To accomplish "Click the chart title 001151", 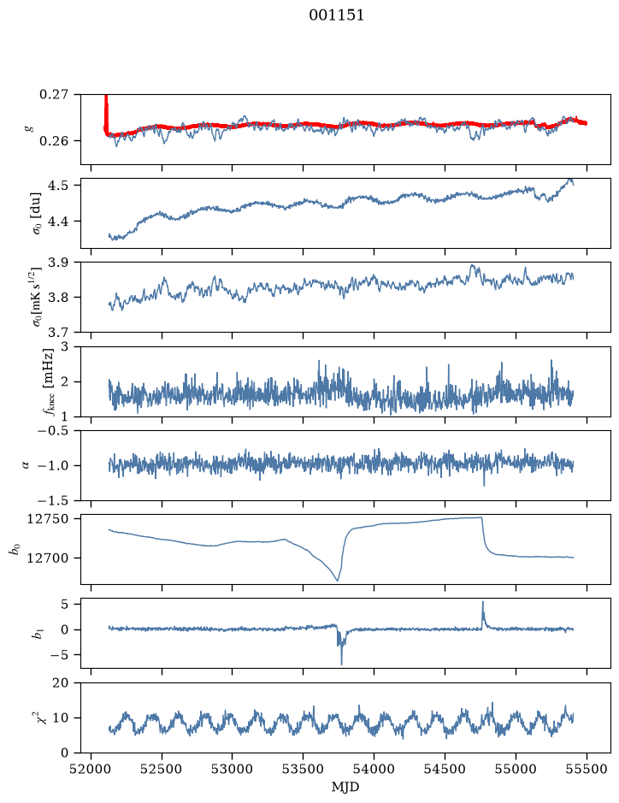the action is tap(336, 15).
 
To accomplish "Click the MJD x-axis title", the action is tap(345, 787).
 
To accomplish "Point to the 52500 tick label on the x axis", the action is tap(162, 769).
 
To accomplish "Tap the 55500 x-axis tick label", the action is tap(587, 769).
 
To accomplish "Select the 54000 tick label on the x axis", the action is tap(374, 769).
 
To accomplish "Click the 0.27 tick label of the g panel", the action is tap(53, 95).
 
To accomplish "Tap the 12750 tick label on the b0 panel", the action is tap(47, 519).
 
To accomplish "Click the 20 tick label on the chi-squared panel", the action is tap(60, 682).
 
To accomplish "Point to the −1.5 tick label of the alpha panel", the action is tap(53, 500).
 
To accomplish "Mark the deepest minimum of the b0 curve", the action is tap(337, 581).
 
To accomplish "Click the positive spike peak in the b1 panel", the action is tap(482, 602).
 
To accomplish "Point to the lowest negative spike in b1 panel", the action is tap(341, 664).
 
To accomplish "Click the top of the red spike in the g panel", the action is tap(106, 96).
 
